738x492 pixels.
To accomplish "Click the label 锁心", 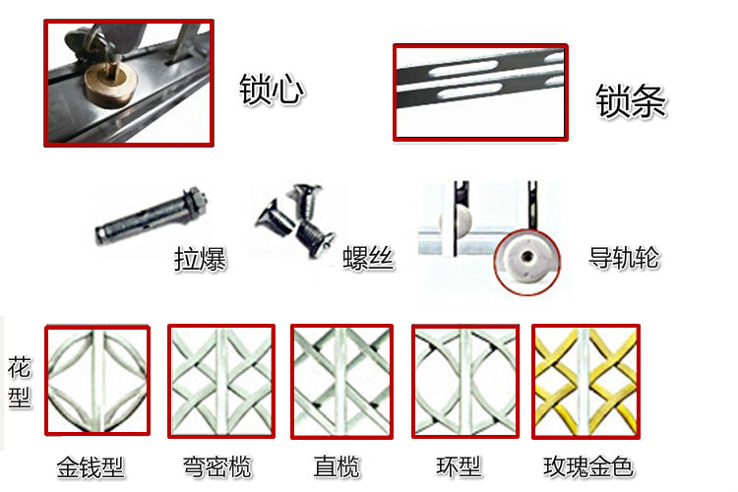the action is [x=272, y=89].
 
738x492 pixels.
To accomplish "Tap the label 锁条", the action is [x=631, y=100].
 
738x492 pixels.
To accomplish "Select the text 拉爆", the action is [x=200, y=259].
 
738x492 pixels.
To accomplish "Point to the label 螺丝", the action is [x=368, y=258].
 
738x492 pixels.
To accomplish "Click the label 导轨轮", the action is [x=624, y=257].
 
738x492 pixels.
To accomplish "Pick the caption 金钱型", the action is [x=91, y=467].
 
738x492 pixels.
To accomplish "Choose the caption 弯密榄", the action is [x=217, y=466].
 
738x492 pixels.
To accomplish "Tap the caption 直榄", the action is [x=337, y=466].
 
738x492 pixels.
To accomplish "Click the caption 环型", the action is [x=459, y=466].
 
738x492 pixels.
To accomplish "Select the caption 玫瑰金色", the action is [x=588, y=466].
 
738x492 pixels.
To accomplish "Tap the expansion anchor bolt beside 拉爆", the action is [x=152, y=215].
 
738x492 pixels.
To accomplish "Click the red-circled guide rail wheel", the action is [x=526, y=262].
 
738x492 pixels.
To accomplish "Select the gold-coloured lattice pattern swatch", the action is [x=586, y=382].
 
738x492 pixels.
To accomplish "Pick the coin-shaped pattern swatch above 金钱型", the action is [x=97, y=380].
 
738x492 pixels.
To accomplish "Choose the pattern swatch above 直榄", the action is [x=341, y=382].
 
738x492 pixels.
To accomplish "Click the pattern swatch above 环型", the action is [x=465, y=382].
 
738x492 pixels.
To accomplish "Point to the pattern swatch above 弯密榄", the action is [x=221, y=382].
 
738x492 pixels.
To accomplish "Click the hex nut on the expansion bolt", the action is [x=197, y=199].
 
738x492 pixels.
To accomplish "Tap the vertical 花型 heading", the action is [x=20, y=383].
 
